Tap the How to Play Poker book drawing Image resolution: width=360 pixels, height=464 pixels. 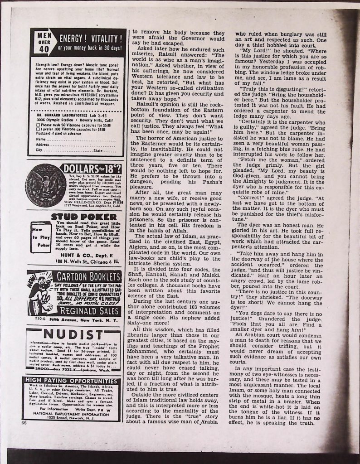(40, 237)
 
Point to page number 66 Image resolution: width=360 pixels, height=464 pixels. (24, 422)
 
